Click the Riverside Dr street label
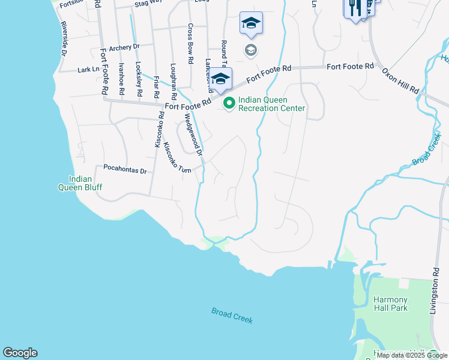coord(63,40)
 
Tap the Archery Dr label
coord(124,46)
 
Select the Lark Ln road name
coord(88,70)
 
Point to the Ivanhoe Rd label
coord(121,79)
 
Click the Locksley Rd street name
coord(139,80)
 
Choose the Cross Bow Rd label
coord(190,44)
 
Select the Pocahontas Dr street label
coord(125,170)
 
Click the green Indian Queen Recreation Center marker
coord(229,104)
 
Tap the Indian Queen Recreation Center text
coord(271,104)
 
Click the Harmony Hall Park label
coord(390,304)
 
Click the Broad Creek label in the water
coord(232,316)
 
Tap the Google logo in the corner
coord(20,353)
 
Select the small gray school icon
coord(250,50)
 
